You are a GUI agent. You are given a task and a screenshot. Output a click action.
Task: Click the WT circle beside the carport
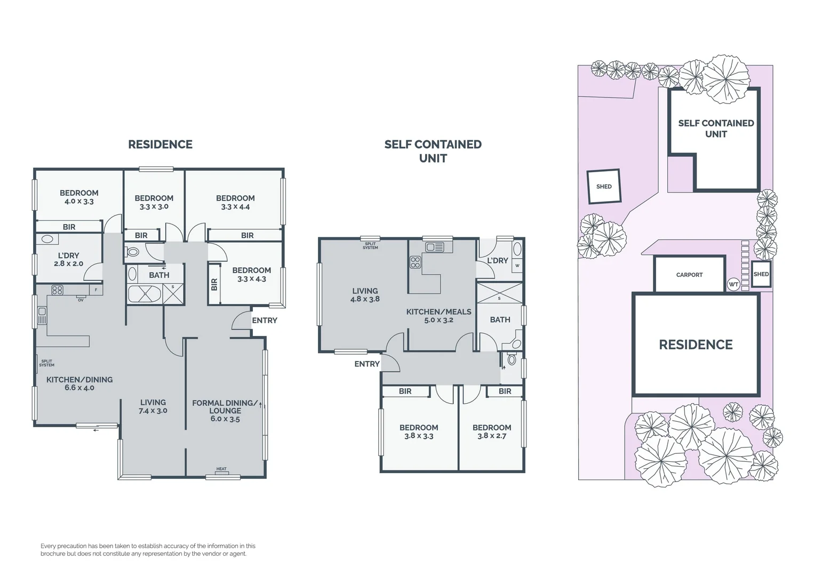[x=733, y=285]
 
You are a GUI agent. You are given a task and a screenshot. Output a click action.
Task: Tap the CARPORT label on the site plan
[x=689, y=275]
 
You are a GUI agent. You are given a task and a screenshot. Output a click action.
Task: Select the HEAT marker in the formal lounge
[x=221, y=469]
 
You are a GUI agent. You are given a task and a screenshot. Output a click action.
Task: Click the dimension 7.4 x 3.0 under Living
[x=153, y=411]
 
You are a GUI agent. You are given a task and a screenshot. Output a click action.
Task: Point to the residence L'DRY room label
[x=68, y=255]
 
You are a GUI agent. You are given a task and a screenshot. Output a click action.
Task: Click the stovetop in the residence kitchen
[x=57, y=290]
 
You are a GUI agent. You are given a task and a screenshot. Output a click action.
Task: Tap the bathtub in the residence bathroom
[x=145, y=294]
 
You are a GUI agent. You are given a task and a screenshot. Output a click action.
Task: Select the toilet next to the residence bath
[x=133, y=252]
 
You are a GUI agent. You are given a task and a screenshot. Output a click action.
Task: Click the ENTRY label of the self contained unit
[x=367, y=364]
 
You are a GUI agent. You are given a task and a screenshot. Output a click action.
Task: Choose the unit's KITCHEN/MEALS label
[x=438, y=311]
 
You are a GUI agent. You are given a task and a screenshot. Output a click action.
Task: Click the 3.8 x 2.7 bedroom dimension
[x=492, y=436]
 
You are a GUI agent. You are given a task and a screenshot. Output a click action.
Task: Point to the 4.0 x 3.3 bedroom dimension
[x=79, y=202]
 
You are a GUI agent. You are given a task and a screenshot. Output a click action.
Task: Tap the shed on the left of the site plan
[x=604, y=187]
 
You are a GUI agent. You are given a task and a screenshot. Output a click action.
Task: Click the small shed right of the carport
[x=761, y=274]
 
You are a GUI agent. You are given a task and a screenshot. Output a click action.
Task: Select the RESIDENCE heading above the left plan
[x=160, y=145]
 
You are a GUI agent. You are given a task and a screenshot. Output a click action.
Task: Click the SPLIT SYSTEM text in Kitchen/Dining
[x=46, y=363]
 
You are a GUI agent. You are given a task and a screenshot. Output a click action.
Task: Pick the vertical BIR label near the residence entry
[x=214, y=285]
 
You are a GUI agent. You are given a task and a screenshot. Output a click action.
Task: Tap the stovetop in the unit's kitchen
[x=415, y=262]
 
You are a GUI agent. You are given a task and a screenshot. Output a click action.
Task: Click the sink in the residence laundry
[x=47, y=240]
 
